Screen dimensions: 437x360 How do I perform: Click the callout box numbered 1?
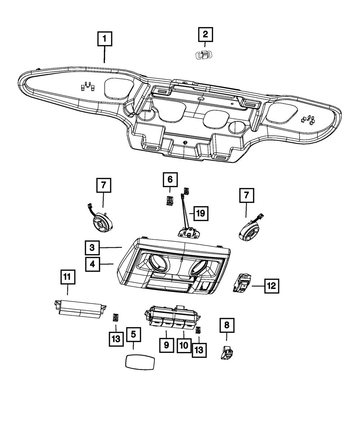[x=104, y=39]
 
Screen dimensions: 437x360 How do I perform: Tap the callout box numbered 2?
[x=205, y=35]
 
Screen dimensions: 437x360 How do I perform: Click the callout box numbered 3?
[x=93, y=247]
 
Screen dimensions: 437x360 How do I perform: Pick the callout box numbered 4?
[x=93, y=264]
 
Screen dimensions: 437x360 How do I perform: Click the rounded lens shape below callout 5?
[x=140, y=361]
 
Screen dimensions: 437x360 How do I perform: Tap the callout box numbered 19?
[x=200, y=213]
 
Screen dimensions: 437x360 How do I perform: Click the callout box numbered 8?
[x=226, y=325]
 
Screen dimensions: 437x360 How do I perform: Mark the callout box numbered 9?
[x=166, y=345]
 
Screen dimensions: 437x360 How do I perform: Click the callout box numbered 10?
[x=184, y=345]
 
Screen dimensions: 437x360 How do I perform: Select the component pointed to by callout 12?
[x=242, y=283]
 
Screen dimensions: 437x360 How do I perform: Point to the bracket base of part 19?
[x=189, y=234]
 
